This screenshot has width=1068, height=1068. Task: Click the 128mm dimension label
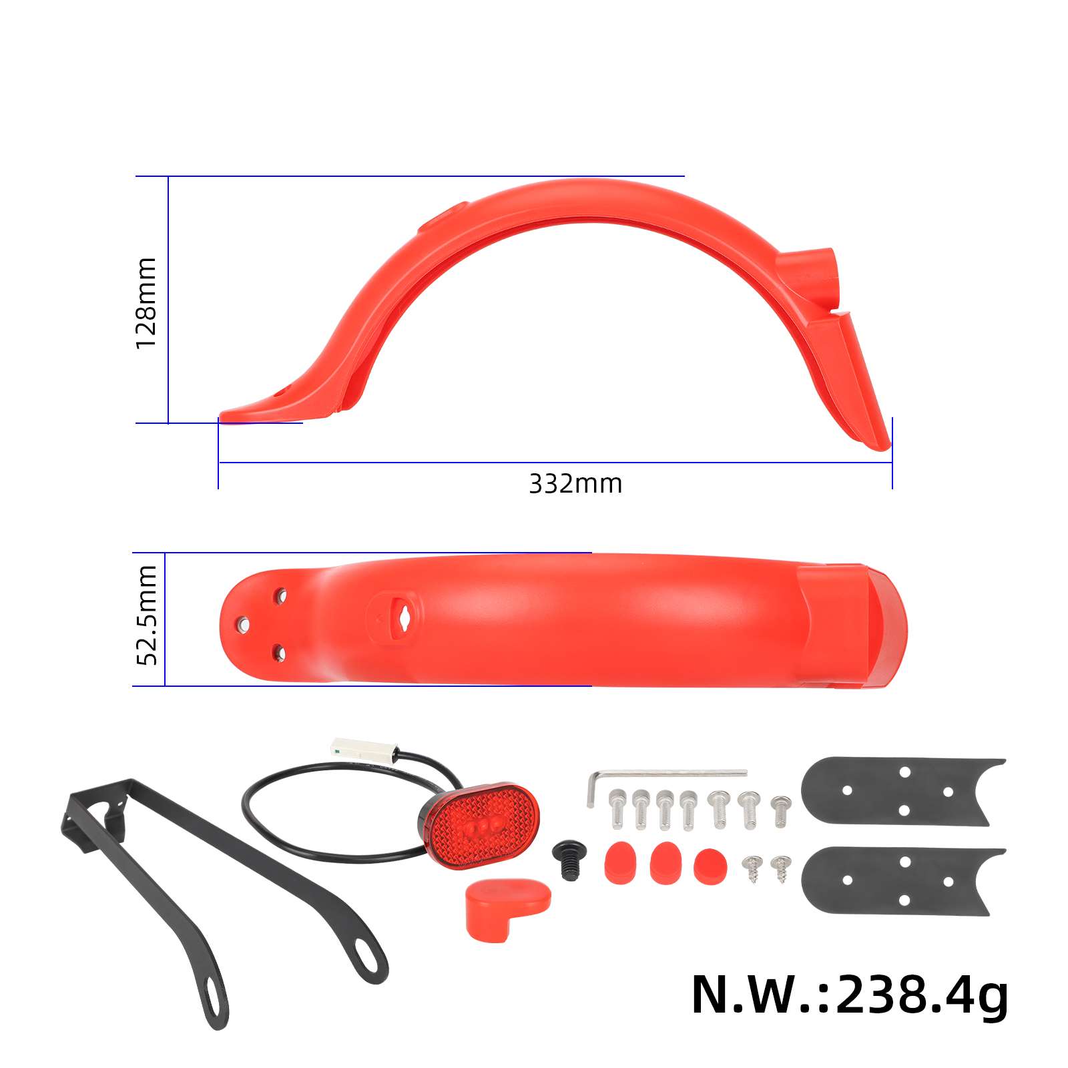pyautogui.click(x=146, y=302)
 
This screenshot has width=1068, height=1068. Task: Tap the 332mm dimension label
pyautogui.click(x=575, y=483)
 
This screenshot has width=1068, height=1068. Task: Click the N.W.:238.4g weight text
pyautogui.click(x=849, y=995)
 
